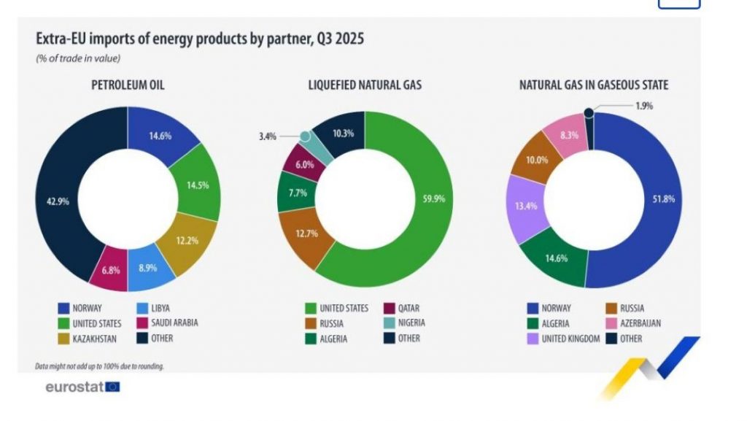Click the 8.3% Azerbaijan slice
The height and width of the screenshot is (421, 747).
click(569, 136)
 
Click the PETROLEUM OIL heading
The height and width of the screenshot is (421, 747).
click(128, 85)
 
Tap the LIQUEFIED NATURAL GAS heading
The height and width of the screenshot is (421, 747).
click(365, 85)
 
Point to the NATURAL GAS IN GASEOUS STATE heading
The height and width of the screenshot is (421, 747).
click(593, 85)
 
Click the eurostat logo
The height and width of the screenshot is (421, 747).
click(82, 387)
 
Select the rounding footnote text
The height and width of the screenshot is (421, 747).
click(99, 366)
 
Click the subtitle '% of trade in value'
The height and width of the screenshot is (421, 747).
click(78, 58)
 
